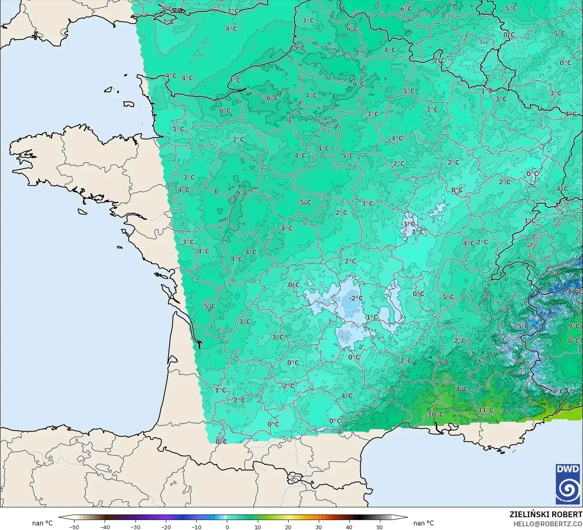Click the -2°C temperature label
356,298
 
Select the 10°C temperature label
436,414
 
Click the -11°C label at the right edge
575,292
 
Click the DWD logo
567,484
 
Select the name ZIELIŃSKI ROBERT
546,515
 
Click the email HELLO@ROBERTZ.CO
548,523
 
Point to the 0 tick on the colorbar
227,527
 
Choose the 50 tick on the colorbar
380,527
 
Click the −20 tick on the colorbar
166,527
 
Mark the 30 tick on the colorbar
318,527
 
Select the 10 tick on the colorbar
257,527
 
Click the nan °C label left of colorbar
42,523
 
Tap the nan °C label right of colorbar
424,523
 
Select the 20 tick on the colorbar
288,527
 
